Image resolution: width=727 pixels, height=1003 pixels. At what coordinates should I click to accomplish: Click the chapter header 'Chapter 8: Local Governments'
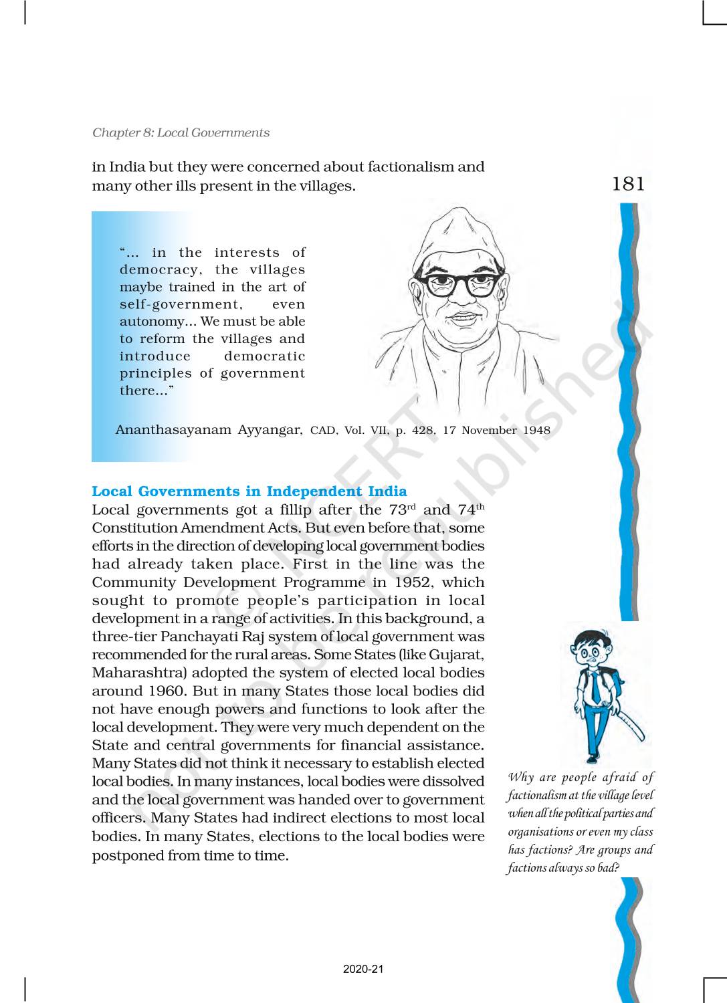[181, 132]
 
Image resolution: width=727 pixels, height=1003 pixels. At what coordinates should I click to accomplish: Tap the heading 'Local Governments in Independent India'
[249, 491]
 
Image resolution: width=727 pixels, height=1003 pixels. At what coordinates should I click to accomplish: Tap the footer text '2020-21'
[363, 970]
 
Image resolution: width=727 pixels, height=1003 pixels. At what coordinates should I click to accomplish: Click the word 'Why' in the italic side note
[520, 777]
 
